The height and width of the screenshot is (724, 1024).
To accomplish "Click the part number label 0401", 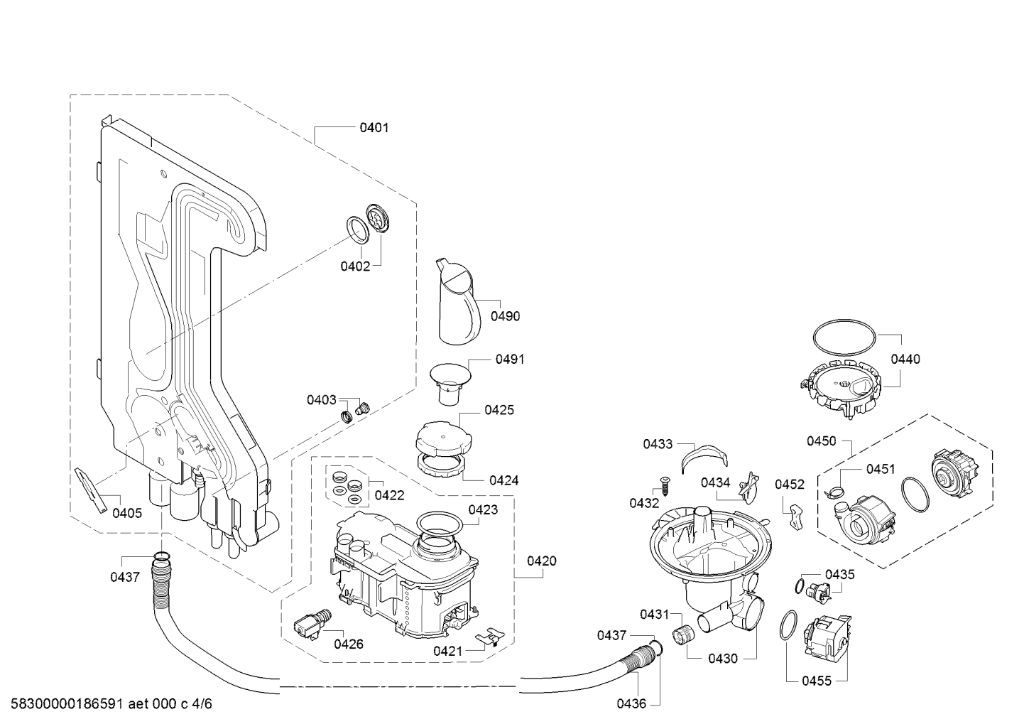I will pyautogui.click(x=374, y=128).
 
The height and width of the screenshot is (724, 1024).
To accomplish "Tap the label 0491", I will pyautogui.click(x=510, y=360).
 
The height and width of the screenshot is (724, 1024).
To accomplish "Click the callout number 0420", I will pyautogui.click(x=541, y=561).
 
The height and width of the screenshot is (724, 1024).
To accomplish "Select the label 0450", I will pyautogui.click(x=821, y=441).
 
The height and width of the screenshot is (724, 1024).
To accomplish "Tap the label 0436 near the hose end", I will pyautogui.click(x=631, y=703).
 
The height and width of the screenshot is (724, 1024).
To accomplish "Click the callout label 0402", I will pyautogui.click(x=355, y=266).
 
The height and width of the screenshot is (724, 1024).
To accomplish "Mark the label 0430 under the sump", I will pyautogui.click(x=723, y=659).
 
